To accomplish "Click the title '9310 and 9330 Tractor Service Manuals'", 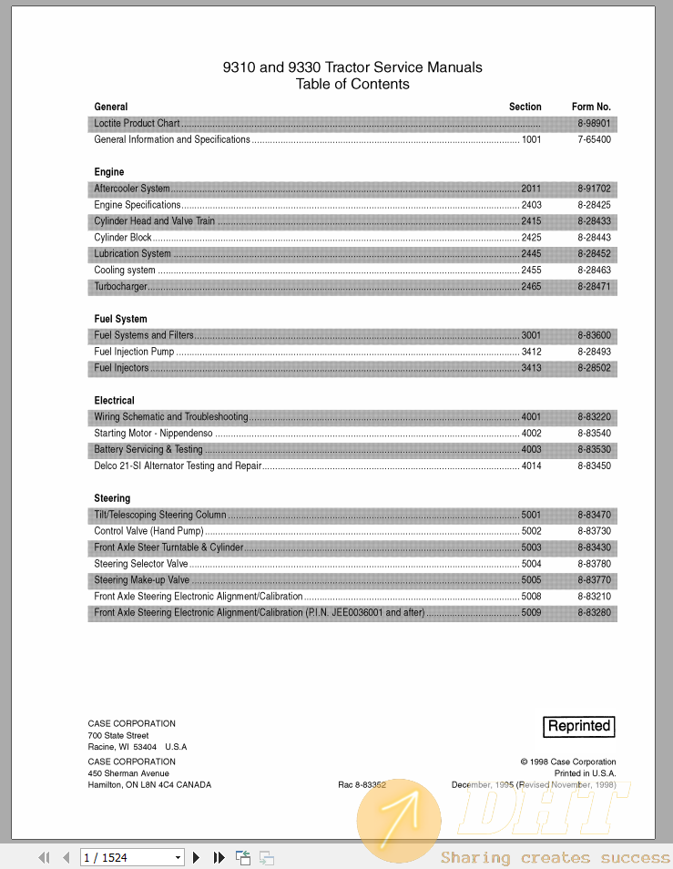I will tap(352, 67).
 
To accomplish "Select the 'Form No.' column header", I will tap(591, 107).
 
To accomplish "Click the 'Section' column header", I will tap(525, 107).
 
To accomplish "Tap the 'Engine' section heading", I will tap(109, 172).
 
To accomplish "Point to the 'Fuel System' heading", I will tap(120, 320).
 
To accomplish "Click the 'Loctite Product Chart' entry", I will tap(137, 123).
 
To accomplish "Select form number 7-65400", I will tap(594, 139).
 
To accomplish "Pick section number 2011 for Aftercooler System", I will tap(531, 189).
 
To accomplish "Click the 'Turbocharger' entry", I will tap(120, 287).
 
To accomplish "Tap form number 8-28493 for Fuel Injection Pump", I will tap(594, 352).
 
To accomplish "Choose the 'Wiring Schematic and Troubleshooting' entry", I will tap(171, 417).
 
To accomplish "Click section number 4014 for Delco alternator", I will tap(531, 466).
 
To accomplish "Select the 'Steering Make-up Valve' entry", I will tap(142, 580).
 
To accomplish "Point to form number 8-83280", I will tap(594, 613).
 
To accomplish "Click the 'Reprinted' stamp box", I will tap(578, 726).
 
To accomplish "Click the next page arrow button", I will tap(196, 857).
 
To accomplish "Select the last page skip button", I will tap(219, 857).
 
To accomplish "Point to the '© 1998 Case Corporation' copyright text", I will tap(567, 762).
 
